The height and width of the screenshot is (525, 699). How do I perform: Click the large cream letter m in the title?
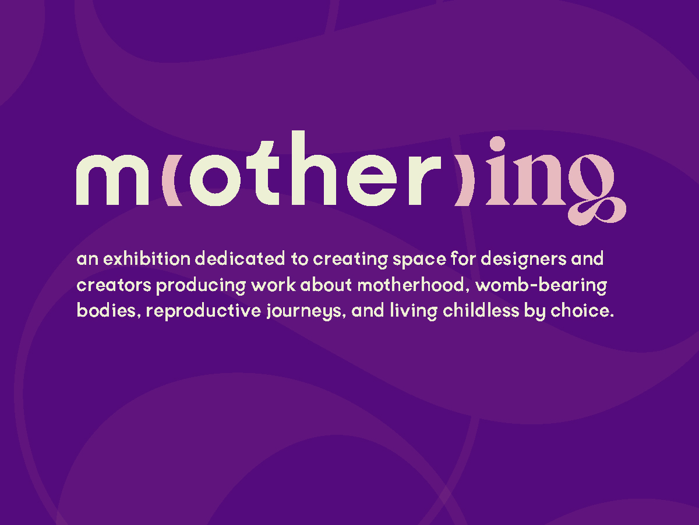112,180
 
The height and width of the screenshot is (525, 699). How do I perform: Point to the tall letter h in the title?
313,168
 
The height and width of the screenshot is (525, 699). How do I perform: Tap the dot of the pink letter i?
497,144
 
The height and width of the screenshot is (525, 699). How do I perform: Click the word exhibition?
147,258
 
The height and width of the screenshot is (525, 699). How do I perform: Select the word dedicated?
240,258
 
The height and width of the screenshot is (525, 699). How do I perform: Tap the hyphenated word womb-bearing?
541,286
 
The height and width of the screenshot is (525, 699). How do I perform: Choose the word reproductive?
203,311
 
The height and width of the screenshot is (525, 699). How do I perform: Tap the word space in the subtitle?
419,260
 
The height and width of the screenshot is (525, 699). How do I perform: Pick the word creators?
114,285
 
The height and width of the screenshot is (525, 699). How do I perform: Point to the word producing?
201,286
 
